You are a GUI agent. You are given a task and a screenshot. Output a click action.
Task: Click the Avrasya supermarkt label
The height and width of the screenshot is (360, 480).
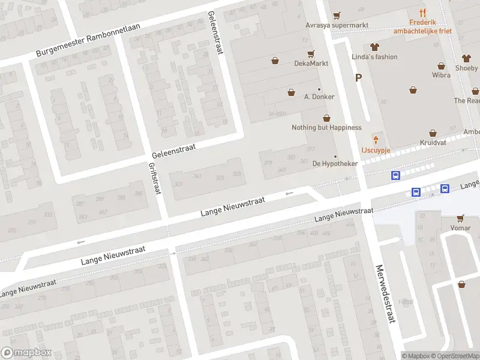(x=337, y=26)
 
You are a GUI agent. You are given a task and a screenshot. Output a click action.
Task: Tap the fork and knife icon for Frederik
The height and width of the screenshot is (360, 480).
(x=423, y=13)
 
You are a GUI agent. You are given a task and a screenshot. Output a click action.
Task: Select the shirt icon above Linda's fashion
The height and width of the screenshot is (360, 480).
(x=375, y=46)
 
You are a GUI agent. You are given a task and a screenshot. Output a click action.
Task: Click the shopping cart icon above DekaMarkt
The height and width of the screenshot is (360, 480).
(x=310, y=53)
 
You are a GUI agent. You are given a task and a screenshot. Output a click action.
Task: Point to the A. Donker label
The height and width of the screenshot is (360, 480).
(x=319, y=97)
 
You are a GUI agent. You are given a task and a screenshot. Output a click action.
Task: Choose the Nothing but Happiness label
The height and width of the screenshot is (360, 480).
(x=326, y=127)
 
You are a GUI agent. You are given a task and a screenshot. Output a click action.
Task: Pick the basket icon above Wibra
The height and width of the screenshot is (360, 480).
(x=441, y=66)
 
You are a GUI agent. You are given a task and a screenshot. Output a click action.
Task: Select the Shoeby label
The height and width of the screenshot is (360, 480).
(x=467, y=68)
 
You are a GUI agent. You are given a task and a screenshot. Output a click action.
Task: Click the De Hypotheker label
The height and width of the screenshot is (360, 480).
(x=335, y=164)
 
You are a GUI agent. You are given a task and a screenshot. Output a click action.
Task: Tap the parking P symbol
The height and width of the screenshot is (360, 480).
(x=359, y=77)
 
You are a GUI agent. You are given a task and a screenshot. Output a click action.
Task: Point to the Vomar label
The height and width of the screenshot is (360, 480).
(x=460, y=229)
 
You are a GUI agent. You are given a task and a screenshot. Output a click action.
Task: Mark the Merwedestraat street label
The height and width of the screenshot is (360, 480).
(x=385, y=294)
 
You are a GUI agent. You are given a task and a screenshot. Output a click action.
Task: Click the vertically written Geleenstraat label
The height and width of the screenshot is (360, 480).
(x=214, y=33)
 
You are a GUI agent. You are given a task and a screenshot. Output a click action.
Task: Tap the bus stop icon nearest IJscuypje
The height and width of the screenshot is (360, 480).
(x=396, y=176)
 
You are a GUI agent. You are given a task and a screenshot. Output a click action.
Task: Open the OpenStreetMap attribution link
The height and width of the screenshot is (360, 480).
(x=454, y=356)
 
